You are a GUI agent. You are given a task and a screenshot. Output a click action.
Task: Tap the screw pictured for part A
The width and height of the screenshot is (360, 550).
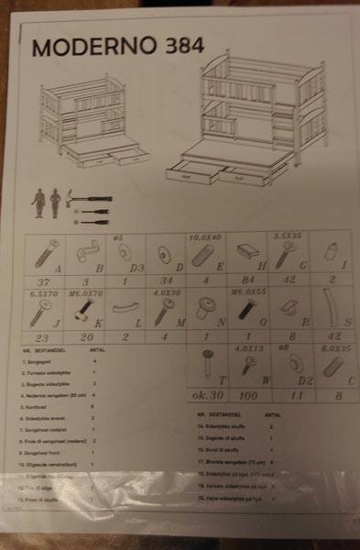pos(47,252)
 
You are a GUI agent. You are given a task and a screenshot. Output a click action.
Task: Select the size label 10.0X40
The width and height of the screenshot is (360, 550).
pos(205,236)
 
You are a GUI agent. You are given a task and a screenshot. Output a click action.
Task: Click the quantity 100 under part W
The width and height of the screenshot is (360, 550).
pos(248,395)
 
